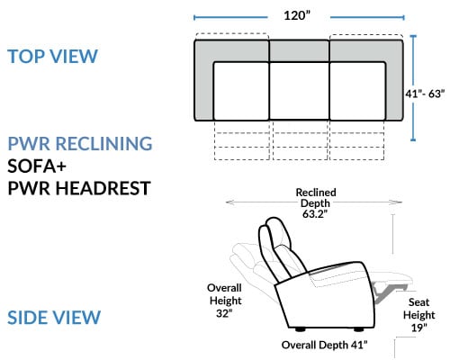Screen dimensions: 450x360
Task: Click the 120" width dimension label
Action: [x=297, y=15]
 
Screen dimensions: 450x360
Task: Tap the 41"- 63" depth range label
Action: [x=425, y=94]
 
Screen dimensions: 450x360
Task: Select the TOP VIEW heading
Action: [x=53, y=56]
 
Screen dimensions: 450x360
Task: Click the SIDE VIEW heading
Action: [x=54, y=318]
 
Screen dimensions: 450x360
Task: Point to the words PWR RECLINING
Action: [x=80, y=143]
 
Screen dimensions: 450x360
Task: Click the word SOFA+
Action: [x=37, y=166]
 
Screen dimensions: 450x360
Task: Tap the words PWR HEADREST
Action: [x=79, y=188]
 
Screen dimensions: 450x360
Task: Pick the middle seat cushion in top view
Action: [x=300, y=91]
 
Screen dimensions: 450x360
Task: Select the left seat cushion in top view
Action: [x=241, y=91]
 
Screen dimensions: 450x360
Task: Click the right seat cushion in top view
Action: [x=357, y=91]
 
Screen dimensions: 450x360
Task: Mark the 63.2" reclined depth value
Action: [x=315, y=214]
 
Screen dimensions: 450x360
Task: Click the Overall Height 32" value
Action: [x=224, y=313]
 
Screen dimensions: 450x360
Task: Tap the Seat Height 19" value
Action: [x=418, y=328]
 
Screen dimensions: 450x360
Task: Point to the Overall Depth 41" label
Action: [x=324, y=345]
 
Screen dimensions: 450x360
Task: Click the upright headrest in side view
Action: [x=274, y=237]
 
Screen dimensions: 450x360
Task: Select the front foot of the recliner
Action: [x=358, y=329]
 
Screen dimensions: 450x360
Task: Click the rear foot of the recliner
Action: [x=300, y=329]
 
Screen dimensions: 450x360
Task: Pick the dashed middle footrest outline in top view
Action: [x=301, y=140]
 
